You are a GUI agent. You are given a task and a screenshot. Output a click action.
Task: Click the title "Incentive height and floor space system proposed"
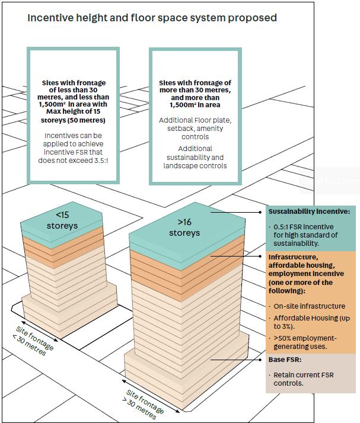coord(152,18)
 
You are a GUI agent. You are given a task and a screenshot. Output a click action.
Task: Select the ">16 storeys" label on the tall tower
coord(184,227)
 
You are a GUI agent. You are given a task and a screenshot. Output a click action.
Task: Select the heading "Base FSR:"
coord(285,359)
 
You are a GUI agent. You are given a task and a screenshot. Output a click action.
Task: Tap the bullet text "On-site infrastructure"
coord(309,306)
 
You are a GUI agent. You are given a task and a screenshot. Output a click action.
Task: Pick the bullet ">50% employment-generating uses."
coord(305,342)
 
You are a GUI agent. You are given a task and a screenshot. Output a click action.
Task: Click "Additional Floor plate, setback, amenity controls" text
coord(195,128)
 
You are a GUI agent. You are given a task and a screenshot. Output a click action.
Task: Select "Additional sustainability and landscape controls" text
coord(195,157)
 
